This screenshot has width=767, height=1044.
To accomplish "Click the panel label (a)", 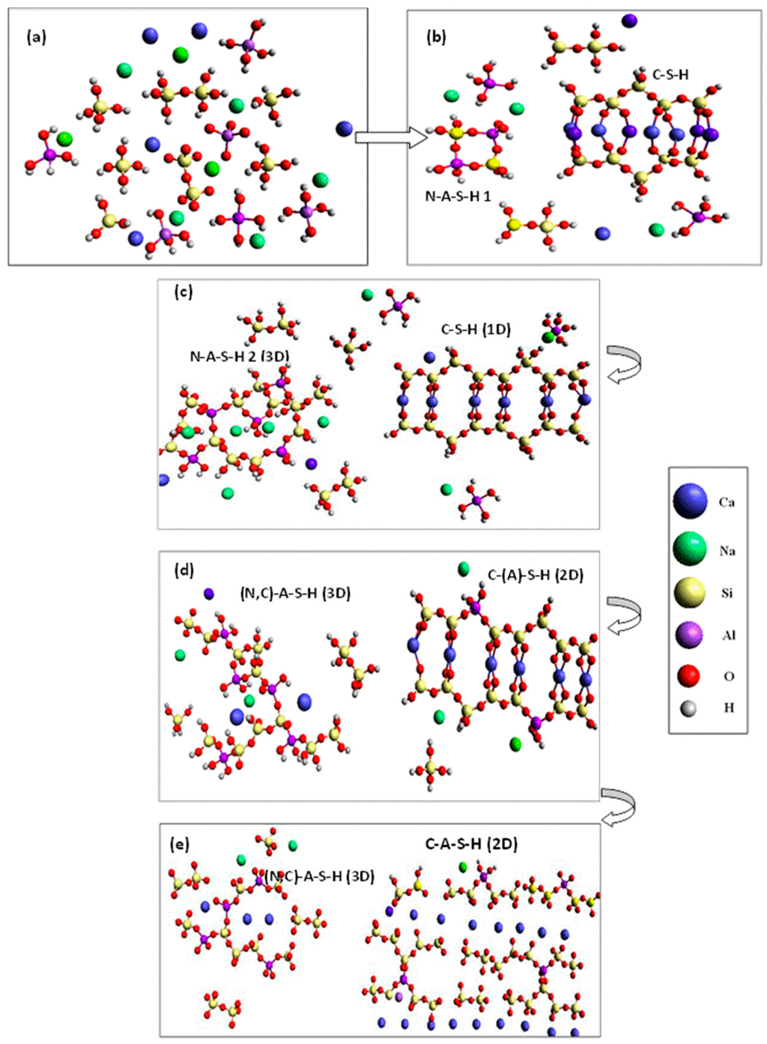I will coord(36,37).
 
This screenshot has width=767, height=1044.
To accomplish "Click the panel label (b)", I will coord(436,37).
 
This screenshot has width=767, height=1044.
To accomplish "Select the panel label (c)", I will coord(184,292).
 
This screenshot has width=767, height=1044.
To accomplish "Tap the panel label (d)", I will coord(184,570).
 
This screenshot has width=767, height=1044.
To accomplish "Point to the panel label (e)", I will coord(180,844).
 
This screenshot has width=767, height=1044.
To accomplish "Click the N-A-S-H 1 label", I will coord(458,196).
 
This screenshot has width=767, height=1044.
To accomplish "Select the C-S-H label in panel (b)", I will coord(670,74).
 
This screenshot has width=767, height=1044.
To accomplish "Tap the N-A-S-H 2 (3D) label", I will coord(239,356).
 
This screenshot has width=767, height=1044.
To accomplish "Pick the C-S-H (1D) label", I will coord(476,329).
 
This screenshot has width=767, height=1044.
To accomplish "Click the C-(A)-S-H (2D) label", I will coord(535,575).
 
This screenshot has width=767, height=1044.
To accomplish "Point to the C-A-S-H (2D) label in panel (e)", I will coord(471,844).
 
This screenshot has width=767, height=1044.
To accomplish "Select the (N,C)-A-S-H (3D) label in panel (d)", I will coord(295,593).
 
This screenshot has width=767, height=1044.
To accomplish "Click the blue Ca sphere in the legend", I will coord(690,501).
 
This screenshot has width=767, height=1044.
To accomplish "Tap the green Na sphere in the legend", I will coord(690,549).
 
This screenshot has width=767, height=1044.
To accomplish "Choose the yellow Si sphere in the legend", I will coord(690,593).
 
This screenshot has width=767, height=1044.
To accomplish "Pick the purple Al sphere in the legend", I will coord(690,635).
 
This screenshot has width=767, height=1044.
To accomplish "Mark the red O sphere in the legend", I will coord(688,675).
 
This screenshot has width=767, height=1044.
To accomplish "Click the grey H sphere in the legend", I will coord(688,707).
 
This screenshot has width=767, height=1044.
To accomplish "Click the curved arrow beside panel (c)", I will coord(623,364).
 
